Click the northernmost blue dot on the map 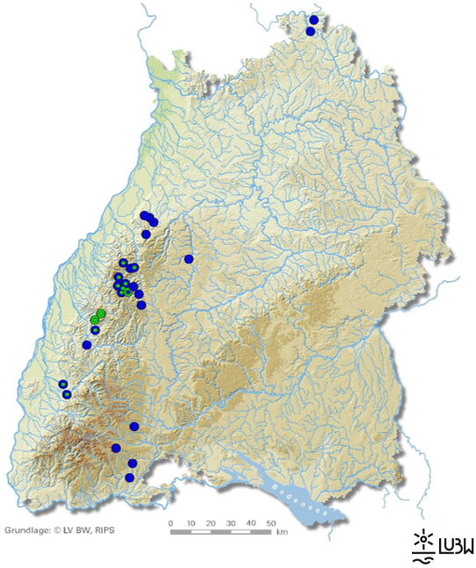tap(314, 19)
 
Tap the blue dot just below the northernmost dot tap(310, 32)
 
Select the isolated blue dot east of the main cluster tap(189, 259)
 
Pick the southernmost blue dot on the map tap(129, 478)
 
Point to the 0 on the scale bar tap(171, 523)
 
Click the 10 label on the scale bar tap(191, 523)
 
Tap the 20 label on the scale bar tap(211, 523)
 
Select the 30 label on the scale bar tap(231, 523)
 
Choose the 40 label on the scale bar tap(250, 523)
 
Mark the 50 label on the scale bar tap(270, 523)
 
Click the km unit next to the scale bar tap(282, 532)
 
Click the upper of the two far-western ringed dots tap(63, 385)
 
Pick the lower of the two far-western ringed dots tap(67, 394)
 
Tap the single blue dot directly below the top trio tap(146, 234)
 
